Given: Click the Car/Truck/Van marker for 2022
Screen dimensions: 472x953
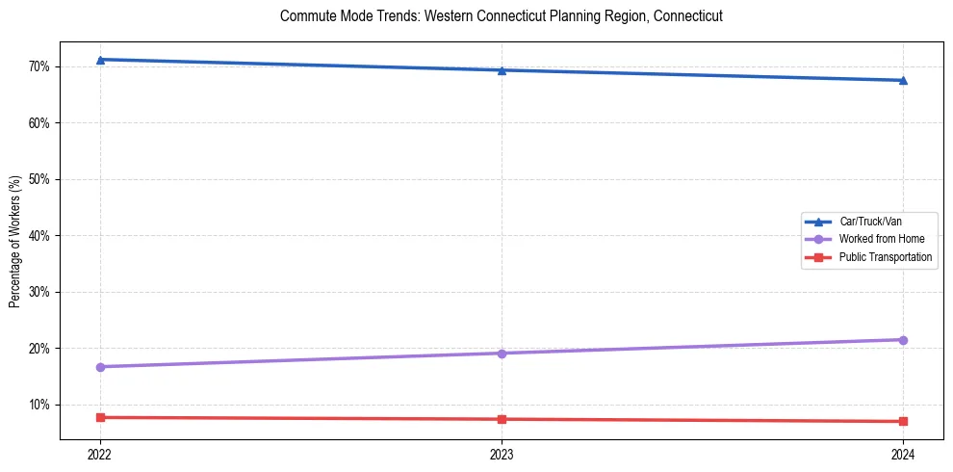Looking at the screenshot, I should tap(100, 60).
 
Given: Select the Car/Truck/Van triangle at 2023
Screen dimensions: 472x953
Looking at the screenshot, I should tap(502, 70).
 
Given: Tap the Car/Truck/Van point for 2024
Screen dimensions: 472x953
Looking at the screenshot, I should tap(903, 80).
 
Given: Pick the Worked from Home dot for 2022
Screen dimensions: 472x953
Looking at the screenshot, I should tap(100, 367).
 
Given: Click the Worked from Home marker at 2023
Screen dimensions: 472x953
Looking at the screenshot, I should tap(502, 354).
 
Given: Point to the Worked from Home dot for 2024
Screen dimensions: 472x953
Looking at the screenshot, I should tap(903, 340).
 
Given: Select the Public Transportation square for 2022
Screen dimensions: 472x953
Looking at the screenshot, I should tap(100, 417).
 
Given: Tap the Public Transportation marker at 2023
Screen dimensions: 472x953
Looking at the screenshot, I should tap(502, 419).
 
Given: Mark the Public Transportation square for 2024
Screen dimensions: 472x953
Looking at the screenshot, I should tap(903, 421).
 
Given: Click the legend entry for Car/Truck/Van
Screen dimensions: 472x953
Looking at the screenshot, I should tap(869, 222).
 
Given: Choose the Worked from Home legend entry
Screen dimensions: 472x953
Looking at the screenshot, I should tap(878, 239).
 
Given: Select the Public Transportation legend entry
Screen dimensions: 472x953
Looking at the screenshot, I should tap(885, 257).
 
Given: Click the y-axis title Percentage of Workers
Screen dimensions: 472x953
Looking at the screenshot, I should tap(15, 242).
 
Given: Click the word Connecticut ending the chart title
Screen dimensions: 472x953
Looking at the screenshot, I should tap(687, 16).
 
